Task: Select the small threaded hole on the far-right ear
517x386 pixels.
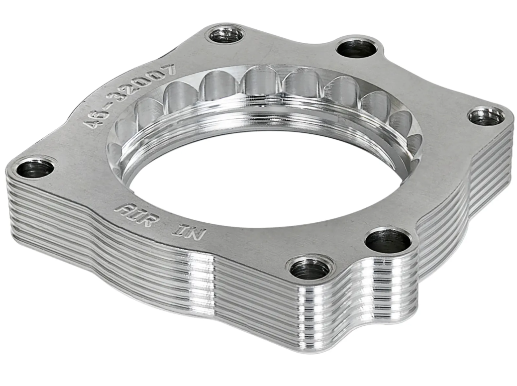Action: tap(486, 117)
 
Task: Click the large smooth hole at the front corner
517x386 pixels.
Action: tap(388, 242)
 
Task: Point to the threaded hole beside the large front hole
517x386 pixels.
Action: tap(310, 269)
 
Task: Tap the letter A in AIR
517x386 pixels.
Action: tap(122, 208)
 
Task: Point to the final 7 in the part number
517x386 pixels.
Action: tap(168, 70)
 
